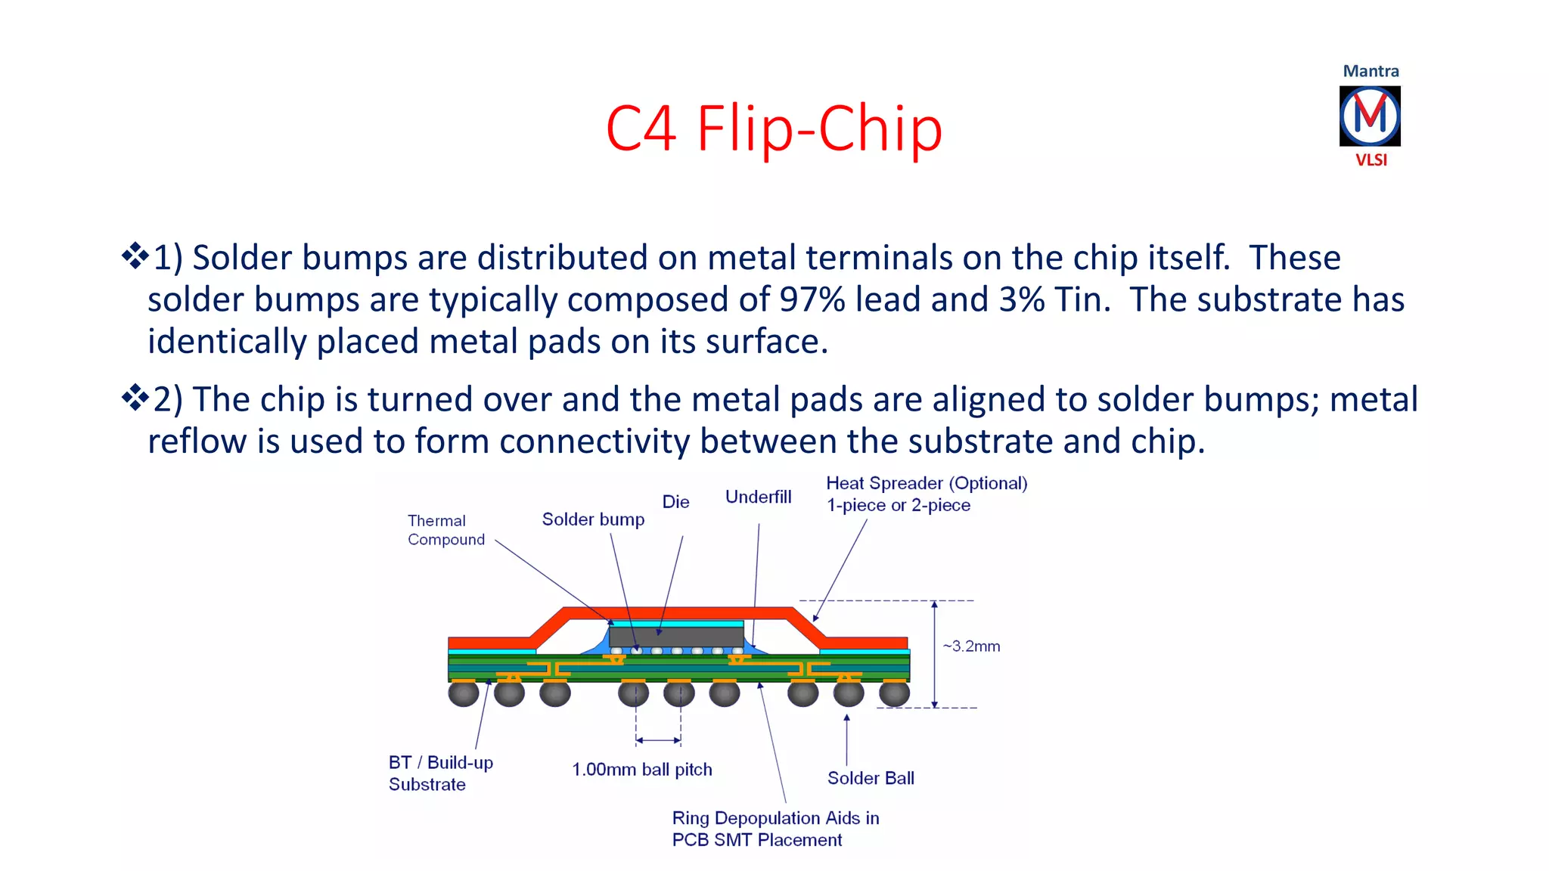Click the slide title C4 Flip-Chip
coord(774,129)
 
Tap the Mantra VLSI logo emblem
coord(1370,116)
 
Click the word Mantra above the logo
coord(1371,71)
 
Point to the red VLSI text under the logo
coord(1371,160)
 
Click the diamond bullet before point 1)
coord(135,256)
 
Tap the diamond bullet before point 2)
coord(135,397)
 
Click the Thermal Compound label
coord(445,530)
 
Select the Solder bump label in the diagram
coord(593,519)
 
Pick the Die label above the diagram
coord(675,502)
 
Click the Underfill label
coord(758,497)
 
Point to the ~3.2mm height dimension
coord(971,646)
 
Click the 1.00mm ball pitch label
coord(642,770)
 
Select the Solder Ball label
coord(871,778)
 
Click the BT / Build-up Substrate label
coord(440,773)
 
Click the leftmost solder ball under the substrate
coord(463,693)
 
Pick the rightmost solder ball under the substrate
coord(894,693)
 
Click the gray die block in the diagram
coord(676,636)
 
